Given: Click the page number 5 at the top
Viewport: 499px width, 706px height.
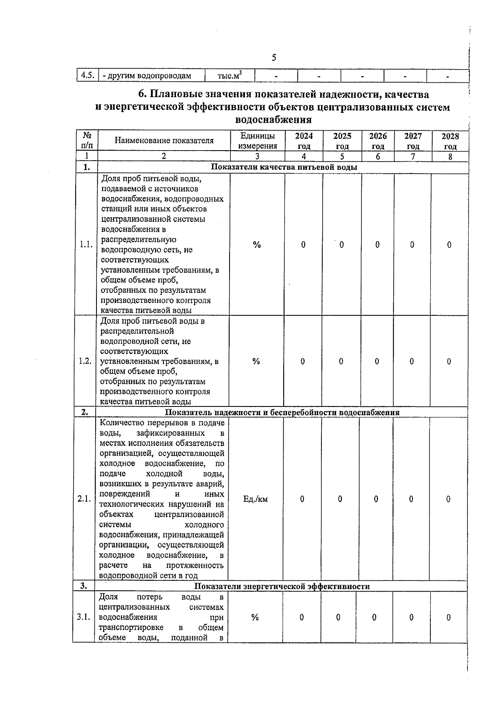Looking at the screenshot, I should click(x=274, y=57).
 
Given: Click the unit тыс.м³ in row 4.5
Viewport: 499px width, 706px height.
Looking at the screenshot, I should click(x=230, y=76).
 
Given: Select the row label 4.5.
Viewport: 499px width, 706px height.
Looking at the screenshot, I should click(x=87, y=76).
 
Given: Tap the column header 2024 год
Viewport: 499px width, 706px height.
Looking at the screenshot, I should click(x=304, y=141).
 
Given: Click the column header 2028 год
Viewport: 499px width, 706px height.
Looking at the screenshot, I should click(x=450, y=141).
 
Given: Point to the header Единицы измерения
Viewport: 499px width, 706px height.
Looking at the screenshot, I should click(x=257, y=141).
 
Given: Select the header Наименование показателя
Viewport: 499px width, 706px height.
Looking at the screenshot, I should click(x=164, y=141).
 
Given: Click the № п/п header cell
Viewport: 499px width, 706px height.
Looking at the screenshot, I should click(x=87, y=141).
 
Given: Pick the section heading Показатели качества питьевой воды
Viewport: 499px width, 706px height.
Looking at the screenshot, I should click(x=284, y=167).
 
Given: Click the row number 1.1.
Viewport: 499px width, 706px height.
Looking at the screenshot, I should click(x=86, y=245).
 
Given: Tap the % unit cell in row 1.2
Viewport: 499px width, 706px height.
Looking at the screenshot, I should click(x=256, y=362).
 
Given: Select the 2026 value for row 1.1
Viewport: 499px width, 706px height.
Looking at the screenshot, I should click(x=377, y=245).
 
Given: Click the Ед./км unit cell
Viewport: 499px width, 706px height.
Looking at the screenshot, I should click(x=255, y=499).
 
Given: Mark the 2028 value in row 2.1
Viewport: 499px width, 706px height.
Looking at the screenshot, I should click(x=448, y=499).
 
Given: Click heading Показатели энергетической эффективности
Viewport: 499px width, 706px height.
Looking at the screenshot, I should click(x=282, y=586).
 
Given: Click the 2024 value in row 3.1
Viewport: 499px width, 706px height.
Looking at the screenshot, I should click(x=301, y=618).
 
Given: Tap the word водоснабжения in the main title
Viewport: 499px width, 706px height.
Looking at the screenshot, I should click(x=273, y=120).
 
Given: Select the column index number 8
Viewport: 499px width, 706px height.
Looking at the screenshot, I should click(x=450, y=157).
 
